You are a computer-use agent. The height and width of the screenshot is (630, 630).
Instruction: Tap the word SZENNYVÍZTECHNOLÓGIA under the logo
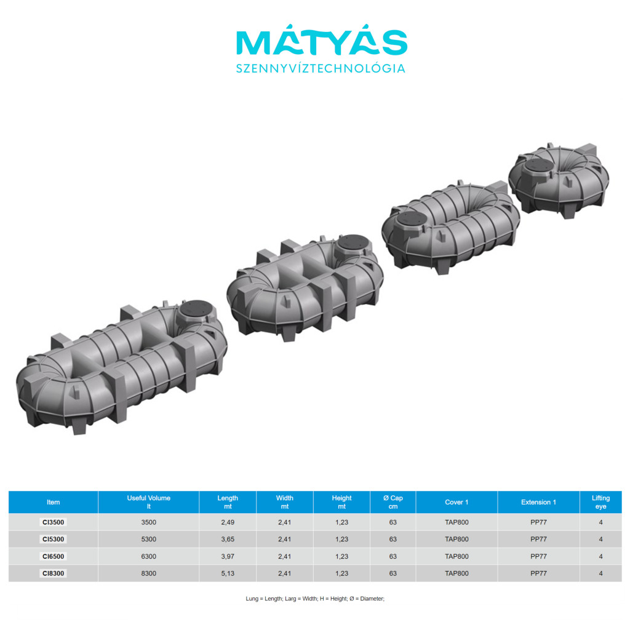pos(321,68)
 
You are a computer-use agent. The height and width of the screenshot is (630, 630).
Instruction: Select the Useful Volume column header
pos(149,502)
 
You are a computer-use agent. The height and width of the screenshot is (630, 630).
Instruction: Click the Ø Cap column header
pos(393,502)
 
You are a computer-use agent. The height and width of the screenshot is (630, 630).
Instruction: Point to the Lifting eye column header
pos(600,502)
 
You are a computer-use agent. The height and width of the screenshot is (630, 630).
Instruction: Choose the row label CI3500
pos(53,522)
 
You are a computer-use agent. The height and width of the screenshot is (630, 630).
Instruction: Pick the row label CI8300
pos(53,573)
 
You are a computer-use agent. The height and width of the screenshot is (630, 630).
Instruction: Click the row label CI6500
pos(53,556)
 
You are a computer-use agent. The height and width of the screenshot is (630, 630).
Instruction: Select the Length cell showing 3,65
pos(228,539)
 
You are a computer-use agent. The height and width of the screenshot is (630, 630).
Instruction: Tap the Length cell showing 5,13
pos(228,573)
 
